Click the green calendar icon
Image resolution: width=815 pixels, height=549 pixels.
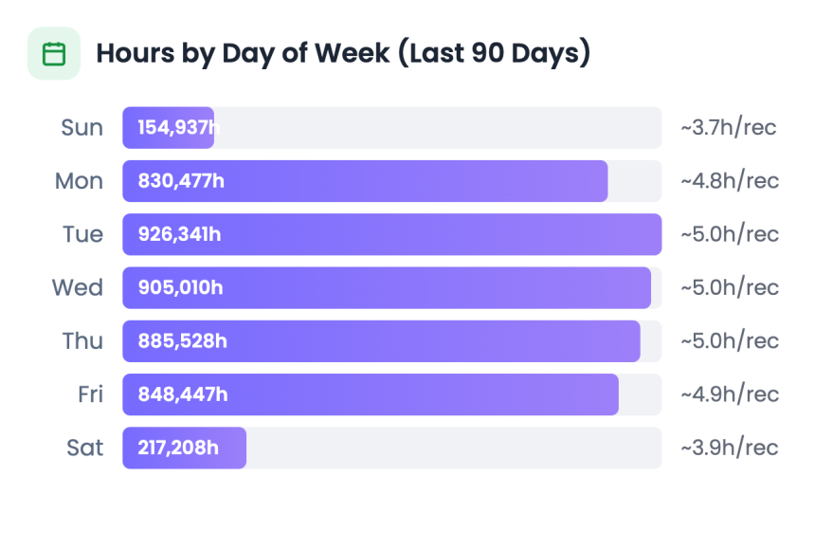tap(54, 53)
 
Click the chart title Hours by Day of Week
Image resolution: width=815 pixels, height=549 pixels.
tap(343, 53)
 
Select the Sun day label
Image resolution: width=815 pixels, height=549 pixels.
tap(81, 128)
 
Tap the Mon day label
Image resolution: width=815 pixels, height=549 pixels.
tap(79, 181)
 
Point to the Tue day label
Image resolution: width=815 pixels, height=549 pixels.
tap(82, 234)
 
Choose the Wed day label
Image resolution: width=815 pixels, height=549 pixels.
tap(78, 287)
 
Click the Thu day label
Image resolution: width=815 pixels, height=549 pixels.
tap(82, 340)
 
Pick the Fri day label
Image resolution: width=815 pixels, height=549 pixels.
tap(90, 393)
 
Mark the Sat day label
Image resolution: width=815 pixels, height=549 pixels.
tap(84, 447)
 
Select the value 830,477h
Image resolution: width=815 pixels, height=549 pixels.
tap(181, 181)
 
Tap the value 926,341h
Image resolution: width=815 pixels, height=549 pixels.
tap(179, 234)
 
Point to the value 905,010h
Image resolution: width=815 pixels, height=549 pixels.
tap(180, 287)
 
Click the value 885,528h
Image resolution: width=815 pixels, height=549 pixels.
tap(182, 340)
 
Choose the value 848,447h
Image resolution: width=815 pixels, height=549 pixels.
tap(182, 393)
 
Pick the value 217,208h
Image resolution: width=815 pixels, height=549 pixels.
tap(177, 447)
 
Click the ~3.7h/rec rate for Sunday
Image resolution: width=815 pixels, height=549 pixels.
tap(729, 128)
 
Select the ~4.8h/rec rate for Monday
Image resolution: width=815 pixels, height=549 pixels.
tap(729, 181)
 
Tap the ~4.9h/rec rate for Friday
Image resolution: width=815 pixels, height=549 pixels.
tap(729, 393)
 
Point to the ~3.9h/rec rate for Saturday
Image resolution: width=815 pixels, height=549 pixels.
tap(729, 447)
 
